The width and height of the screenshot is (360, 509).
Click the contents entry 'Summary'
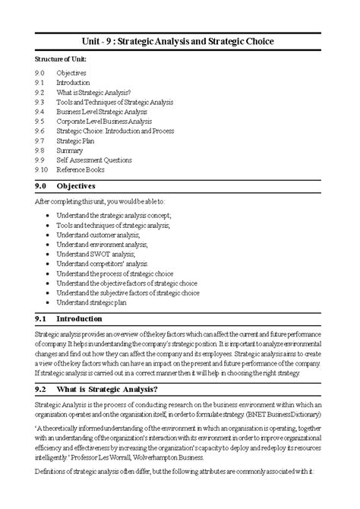tap(70, 150)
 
